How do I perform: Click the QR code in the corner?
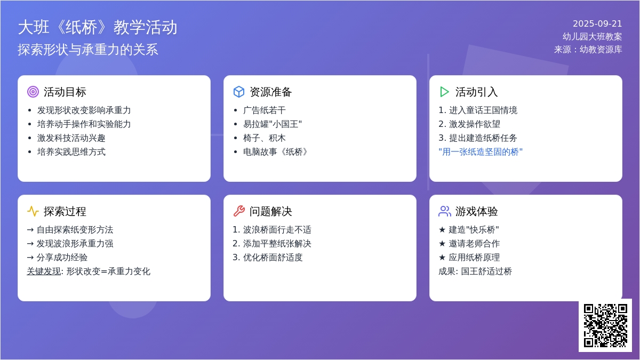tap(605, 325)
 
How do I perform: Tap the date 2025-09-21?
tap(597, 23)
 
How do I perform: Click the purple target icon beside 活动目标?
tap(33, 92)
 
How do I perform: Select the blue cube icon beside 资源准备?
tap(239, 92)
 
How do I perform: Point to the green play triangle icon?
tap(444, 92)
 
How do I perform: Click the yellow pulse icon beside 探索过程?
tap(33, 211)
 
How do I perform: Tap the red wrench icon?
tap(239, 211)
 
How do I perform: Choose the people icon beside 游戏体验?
tap(445, 211)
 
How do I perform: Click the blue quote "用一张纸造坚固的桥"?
tap(481, 152)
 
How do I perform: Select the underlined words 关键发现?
tap(44, 271)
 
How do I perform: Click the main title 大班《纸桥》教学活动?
tap(98, 28)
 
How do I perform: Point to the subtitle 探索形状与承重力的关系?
tap(88, 50)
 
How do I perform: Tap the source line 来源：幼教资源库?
tap(588, 50)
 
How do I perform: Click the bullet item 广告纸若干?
tap(265, 110)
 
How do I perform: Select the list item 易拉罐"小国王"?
tap(273, 124)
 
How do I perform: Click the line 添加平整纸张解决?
tap(277, 244)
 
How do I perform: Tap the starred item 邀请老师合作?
tap(474, 244)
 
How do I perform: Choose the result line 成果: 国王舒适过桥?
tap(475, 271)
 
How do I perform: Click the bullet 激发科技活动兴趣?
tap(71, 138)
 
